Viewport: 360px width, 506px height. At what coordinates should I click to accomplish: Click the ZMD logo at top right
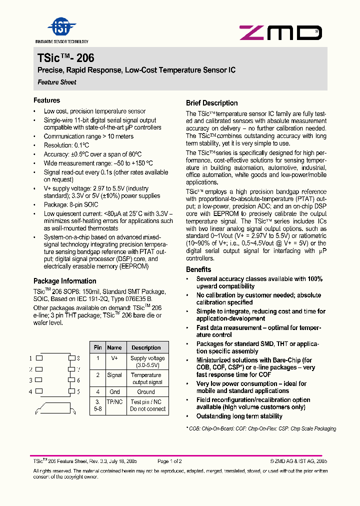[x=280, y=33]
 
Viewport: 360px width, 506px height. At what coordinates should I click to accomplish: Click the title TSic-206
[x=66, y=58]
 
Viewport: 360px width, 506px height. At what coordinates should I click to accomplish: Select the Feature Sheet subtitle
[x=57, y=82]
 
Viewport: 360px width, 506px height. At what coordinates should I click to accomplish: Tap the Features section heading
[x=47, y=100]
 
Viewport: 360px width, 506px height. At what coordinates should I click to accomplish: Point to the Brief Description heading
[x=211, y=103]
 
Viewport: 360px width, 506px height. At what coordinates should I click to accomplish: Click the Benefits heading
[x=198, y=269]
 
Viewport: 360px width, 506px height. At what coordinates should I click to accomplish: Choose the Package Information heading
[x=65, y=281]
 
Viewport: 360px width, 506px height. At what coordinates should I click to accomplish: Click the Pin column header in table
[x=97, y=347]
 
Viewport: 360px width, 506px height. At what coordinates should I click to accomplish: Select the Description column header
[x=146, y=347]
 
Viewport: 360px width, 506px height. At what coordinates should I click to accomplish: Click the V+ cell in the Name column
[x=114, y=358]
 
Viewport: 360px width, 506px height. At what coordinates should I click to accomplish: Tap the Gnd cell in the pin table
[x=114, y=392]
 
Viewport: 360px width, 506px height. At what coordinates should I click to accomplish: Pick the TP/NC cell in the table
[x=114, y=402]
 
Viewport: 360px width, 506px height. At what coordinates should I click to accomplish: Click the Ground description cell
[x=146, y=392]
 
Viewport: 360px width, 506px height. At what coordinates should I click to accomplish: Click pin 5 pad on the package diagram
[x=71, y=391]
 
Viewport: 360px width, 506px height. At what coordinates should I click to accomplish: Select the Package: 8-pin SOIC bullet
[x=71, y=204]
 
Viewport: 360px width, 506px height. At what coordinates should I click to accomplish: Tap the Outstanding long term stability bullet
[x=239, y=416]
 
